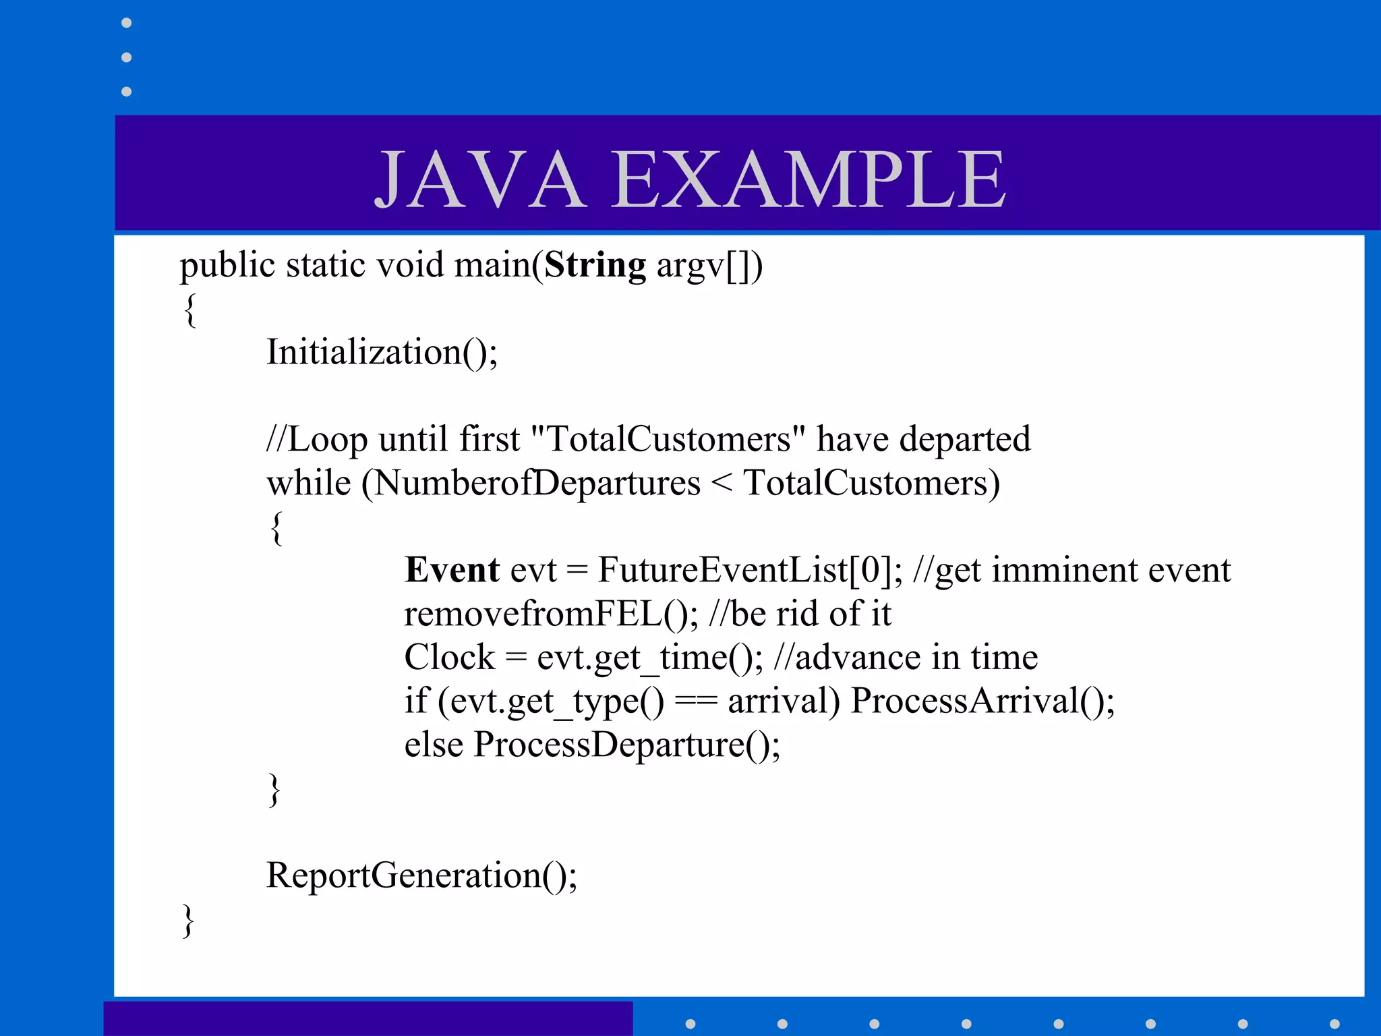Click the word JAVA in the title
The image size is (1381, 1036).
click(x=480, y=179)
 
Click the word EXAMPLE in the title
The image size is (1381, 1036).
click(x=809, y=179)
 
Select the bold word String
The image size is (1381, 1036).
click(x=595, y=264)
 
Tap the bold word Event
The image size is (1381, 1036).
click(x=452, y=570)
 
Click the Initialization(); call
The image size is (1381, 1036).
click(x=382, y=352)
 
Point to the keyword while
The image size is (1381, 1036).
click(x=308, y=483)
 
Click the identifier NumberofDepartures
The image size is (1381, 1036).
click(x=537, y=483)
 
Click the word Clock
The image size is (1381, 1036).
click(x=449, y=657)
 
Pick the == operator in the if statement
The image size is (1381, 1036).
click(x=695, y=701)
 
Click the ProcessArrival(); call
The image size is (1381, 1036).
click(x=982, y=701)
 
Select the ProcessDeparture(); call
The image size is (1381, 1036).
click(x=626, y=745)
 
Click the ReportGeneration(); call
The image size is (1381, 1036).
click(x=421, y=875)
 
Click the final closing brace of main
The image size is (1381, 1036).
click(x=189, y=921)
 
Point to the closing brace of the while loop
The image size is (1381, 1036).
click(x=274, y=790)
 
